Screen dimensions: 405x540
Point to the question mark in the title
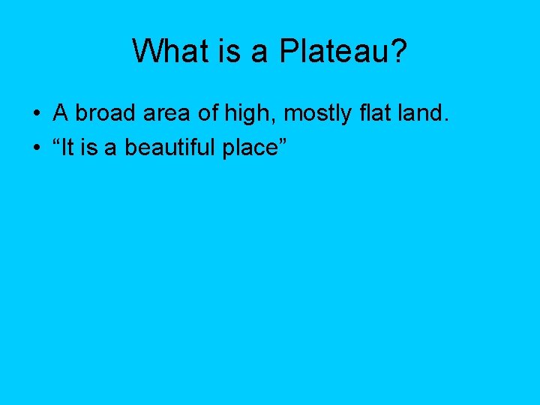pos(397,51)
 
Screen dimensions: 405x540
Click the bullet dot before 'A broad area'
pos(36,114)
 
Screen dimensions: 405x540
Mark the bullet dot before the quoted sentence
pos(36,148)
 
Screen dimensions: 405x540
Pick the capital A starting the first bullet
pos(61,113)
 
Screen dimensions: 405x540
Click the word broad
pos(105,113)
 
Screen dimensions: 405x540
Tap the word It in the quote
pos(71,148)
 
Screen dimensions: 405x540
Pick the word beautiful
pos(169,148)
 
